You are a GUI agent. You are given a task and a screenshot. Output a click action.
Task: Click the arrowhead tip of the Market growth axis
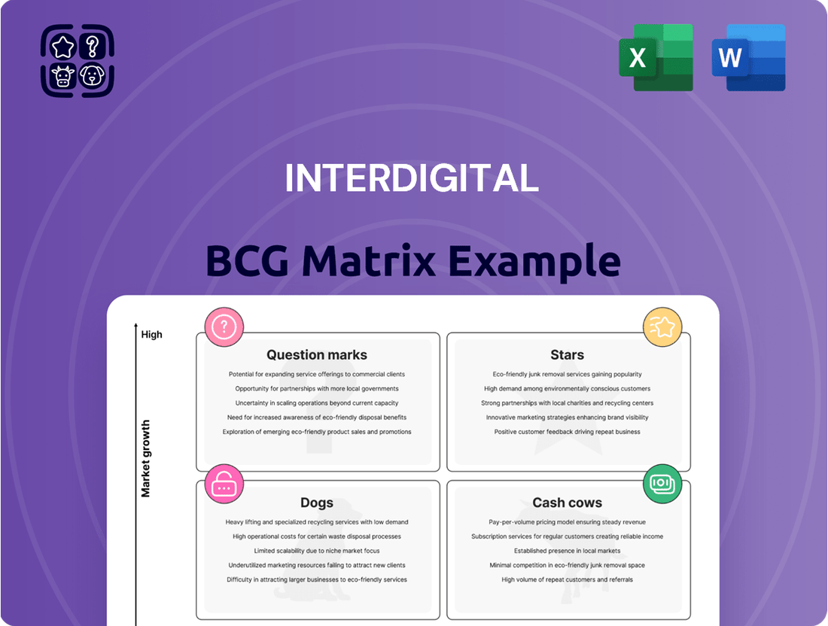pos(135,323)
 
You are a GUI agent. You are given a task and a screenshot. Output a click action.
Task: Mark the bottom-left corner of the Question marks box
pos(196,471)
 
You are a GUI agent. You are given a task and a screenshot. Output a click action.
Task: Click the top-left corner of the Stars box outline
pos(447,333)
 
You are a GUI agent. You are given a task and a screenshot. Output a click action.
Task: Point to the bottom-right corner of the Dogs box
pos(440,619)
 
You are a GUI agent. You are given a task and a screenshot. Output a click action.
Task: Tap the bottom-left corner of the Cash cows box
pos(447,619)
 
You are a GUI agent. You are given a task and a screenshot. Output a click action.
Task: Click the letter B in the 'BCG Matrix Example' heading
pos(222,261)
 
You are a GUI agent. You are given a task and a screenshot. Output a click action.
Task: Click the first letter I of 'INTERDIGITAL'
pos(288,178)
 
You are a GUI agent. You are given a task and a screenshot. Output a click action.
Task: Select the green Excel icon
pos(656,57)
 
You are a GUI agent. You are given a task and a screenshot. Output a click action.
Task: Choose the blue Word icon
pos(749,57)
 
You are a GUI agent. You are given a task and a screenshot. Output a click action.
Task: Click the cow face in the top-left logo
pos(62,76)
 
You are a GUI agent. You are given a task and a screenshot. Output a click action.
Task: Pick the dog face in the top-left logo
pos(93,75)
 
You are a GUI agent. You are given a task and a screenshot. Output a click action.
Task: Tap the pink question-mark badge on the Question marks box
pos(224,327)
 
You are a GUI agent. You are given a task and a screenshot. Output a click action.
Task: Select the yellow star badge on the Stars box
pos(662,327)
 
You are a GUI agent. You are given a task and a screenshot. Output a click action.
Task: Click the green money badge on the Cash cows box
pos(662,484)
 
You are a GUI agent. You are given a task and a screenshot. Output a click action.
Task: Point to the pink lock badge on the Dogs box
pos(224,484)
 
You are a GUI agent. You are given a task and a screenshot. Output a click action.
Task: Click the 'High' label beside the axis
pos(151,335)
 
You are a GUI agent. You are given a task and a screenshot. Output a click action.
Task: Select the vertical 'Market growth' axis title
pos(146,458)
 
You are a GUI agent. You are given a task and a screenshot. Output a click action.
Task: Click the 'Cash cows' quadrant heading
pos(567,503)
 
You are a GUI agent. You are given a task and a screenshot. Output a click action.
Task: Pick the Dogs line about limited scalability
pos(317,551)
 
